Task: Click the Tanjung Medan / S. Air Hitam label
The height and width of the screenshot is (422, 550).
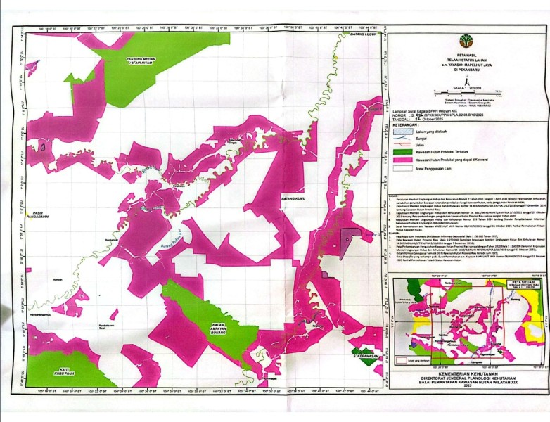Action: point(141,62)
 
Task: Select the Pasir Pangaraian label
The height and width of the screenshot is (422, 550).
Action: point(47,215)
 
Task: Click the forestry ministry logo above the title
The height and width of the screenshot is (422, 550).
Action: point(466,41)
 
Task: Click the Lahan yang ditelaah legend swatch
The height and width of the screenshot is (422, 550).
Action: point(402,132)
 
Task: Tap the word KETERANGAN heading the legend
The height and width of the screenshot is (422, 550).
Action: point(409,122)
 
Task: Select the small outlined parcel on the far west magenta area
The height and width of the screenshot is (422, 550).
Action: point(44,147)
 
